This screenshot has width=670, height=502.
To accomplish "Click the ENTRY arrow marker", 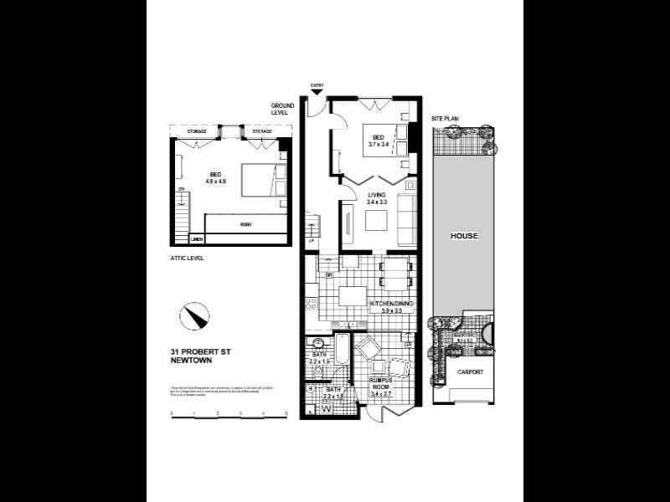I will [x=317, y=92].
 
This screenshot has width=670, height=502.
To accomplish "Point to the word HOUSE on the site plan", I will [x=463, y=236].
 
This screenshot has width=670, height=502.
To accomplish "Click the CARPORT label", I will [x=469, y=371].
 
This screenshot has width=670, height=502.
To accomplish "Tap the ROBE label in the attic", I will [x=245, y=225].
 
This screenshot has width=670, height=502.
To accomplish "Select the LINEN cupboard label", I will [x=197, y=238].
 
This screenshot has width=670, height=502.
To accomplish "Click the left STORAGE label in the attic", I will [x=196, y=131].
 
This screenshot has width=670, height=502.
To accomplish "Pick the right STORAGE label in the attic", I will [x=262, y=131].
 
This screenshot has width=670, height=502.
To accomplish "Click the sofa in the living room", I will [x=407, y=219].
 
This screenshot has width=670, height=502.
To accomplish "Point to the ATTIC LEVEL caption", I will [x=186, y=259].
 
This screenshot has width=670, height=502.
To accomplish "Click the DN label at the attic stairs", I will [x=180, y=189].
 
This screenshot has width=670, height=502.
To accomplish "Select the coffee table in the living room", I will [x=375, y=219].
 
